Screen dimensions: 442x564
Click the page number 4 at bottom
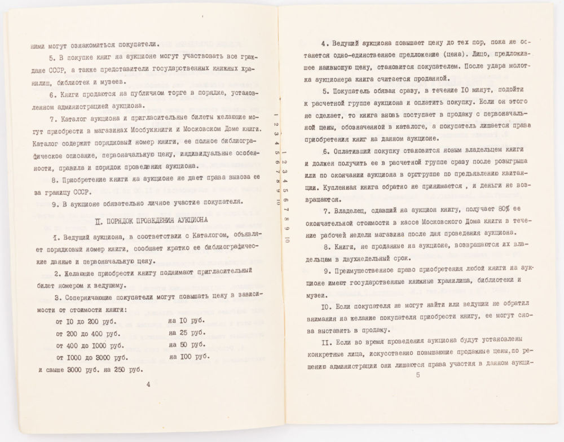148,384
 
